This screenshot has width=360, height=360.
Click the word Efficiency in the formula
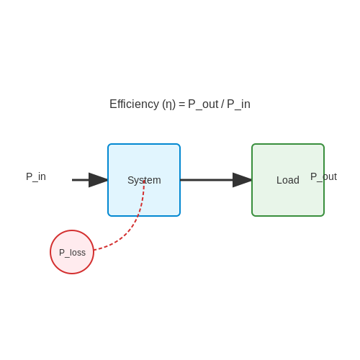134,104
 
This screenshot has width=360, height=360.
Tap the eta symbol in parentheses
169,105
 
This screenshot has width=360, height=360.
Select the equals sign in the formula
181,104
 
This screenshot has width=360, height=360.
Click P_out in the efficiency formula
203,104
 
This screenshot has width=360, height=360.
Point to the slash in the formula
222,104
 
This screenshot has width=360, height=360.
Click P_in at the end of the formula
238,104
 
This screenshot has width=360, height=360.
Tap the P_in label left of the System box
36,176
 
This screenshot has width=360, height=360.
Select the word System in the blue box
144,180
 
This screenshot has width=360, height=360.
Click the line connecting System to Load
207,180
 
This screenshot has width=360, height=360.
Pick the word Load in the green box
288,180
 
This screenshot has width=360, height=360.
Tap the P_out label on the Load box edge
323,177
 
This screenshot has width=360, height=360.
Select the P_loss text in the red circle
72,253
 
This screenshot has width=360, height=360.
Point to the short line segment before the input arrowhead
81,180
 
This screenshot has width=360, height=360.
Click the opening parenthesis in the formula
164,104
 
